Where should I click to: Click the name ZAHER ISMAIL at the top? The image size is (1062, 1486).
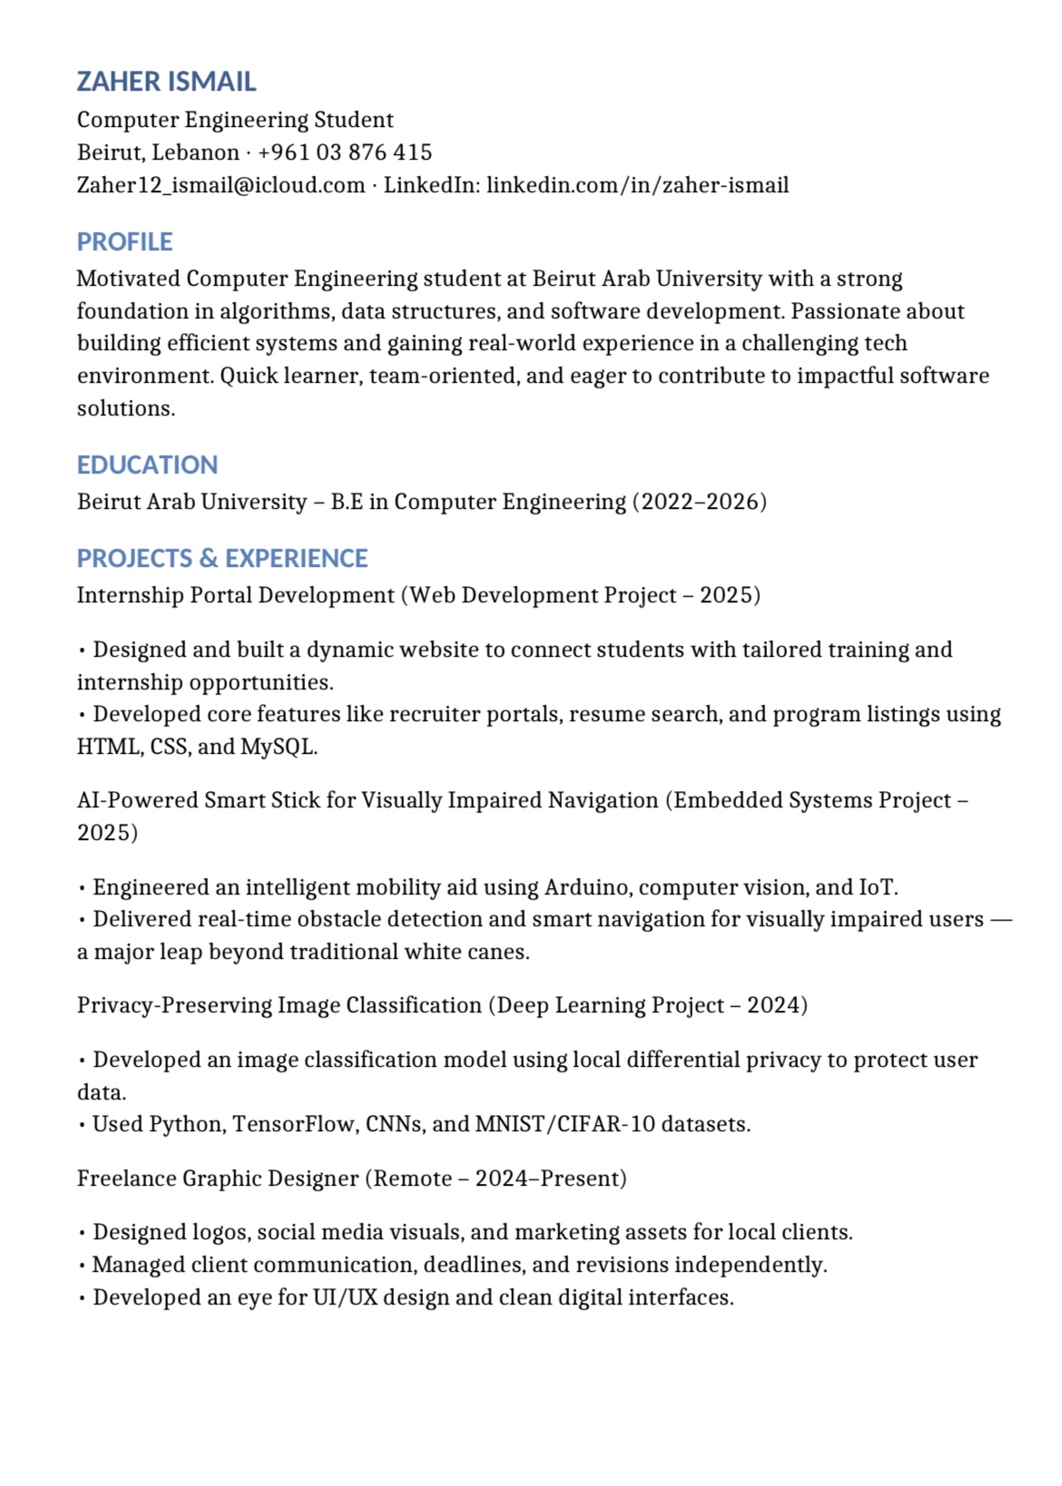tap(166, 82)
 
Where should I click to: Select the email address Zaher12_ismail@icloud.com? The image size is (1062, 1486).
tap(221, 185)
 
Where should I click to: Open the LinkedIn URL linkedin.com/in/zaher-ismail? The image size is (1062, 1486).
tap(637, 185)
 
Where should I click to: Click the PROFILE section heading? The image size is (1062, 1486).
tap(124, 242)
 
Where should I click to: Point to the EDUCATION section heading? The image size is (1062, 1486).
tap(147, 465)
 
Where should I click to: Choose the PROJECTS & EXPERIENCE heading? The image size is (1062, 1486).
tap(222, 559)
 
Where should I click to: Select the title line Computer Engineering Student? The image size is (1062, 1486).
tap(235, 120)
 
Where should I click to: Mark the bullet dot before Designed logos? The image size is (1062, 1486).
tap(83, 1234)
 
